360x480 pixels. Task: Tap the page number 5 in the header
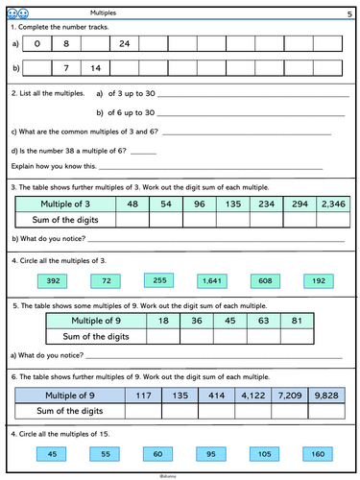point(348,12)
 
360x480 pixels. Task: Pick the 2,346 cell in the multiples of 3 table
point(333,204)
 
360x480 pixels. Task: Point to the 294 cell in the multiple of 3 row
point(300,204)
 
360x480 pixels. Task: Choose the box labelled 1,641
point(210,281)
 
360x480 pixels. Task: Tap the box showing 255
point(158,279)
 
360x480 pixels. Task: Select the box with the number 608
point(264,280)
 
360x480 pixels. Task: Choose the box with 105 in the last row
point(264,453)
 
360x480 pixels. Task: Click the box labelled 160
point(316,453)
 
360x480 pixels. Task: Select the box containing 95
point(210,453)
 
